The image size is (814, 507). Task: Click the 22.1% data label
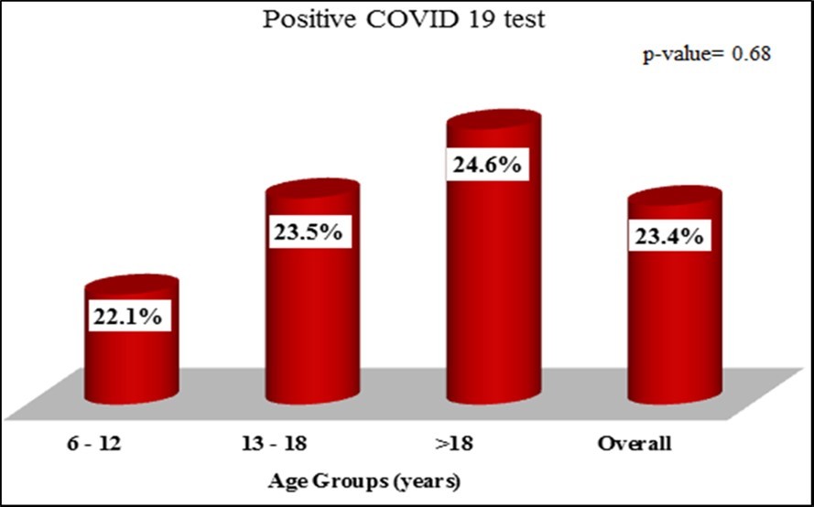coord(128,317)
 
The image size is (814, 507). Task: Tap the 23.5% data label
coord(308,232)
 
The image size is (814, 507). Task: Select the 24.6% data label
coord(486,166)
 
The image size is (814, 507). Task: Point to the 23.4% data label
coord(668,237)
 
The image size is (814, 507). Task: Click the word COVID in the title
coord(405,20)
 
